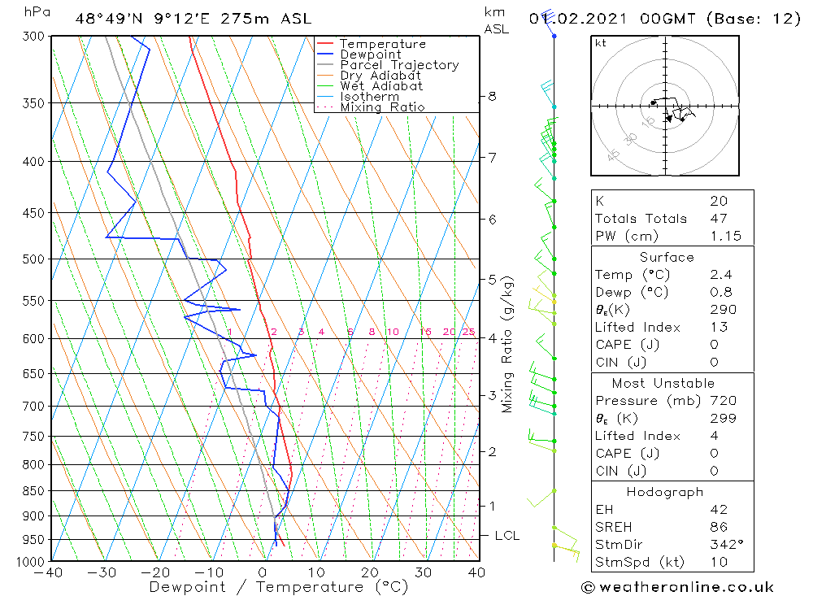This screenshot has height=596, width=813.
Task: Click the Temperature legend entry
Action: click(x=382, y=44)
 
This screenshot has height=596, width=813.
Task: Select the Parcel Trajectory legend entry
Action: click(x=399, y=65)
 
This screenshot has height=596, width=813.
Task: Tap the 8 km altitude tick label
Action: click(x=492, y=96)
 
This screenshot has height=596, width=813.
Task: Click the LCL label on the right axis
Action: click(x=506, y=536)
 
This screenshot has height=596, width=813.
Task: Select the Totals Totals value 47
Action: click(x=719, y=219)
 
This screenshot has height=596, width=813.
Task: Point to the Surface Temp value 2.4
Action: click(x=721, y=275)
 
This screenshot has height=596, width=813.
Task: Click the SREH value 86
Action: click(x=719, y=527)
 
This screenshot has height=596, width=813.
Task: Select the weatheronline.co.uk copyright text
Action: click(x=677, y=587)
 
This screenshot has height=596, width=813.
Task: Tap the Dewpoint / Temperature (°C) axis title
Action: click(x=279, y=587)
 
